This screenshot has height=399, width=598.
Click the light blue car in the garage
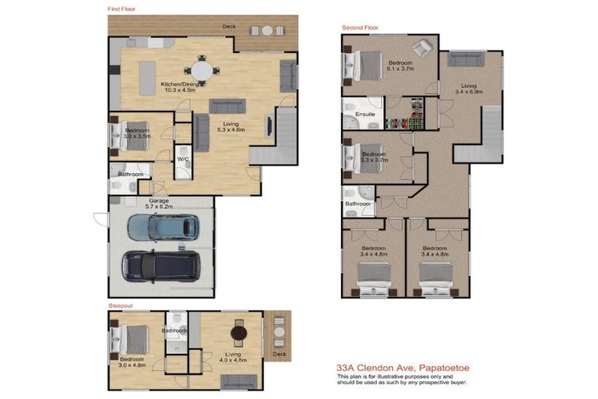tap(164, 228)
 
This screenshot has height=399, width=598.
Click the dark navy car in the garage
tap(160, 267)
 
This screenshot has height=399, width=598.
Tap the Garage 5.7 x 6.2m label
tap(159, 203)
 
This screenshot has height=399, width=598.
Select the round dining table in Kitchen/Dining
tap(202, 71)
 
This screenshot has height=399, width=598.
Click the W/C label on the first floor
tap(184, 159)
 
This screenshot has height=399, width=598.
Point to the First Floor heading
tap(121, 9)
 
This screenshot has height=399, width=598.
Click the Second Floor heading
tap(360, 27)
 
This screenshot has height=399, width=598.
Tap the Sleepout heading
tap(121, 305)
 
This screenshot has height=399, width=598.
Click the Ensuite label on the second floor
tap(365, 114)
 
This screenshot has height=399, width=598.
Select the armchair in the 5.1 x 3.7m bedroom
tap(422, 48)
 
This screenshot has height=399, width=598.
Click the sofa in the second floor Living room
tap(466, 59)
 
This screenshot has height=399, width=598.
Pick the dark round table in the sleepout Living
tap(239, 334)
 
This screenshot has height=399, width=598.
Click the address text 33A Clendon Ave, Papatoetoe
tap(403, 368)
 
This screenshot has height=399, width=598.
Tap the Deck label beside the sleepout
tap(280, 354)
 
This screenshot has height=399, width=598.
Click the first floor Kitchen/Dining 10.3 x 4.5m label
tap(180, 87)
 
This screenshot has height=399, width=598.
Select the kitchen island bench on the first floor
tap(147, 78)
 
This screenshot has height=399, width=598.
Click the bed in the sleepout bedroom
tap(129, 340)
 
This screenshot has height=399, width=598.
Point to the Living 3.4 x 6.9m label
tap(469, 89)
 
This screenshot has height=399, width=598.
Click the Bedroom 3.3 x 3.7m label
tap(374, 157)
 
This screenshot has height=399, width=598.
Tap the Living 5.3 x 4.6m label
tap(230, 127)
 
